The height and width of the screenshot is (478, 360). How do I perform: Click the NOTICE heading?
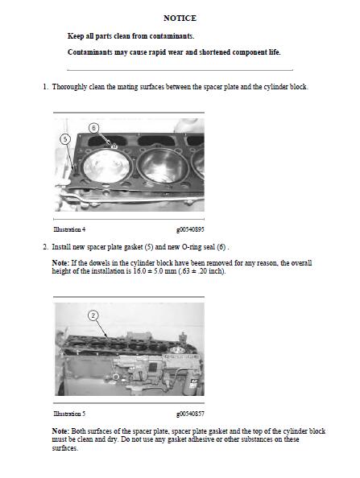point(180,18)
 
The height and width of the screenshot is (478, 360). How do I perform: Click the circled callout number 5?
point(65,139)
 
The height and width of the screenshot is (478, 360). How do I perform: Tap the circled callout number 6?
point(93,128)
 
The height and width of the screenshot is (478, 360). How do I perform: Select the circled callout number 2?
point(93,315)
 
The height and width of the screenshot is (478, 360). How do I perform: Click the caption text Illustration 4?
point(69,229)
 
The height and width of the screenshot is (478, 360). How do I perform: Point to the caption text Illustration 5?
point(69,414)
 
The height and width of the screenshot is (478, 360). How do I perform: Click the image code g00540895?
point(190,229)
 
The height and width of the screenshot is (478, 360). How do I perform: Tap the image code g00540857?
point(190,414)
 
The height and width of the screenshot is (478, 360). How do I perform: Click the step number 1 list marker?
point(45,87)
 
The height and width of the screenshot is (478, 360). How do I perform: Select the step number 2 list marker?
point(45,247)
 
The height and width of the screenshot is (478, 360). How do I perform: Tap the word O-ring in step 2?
point(192,247)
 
